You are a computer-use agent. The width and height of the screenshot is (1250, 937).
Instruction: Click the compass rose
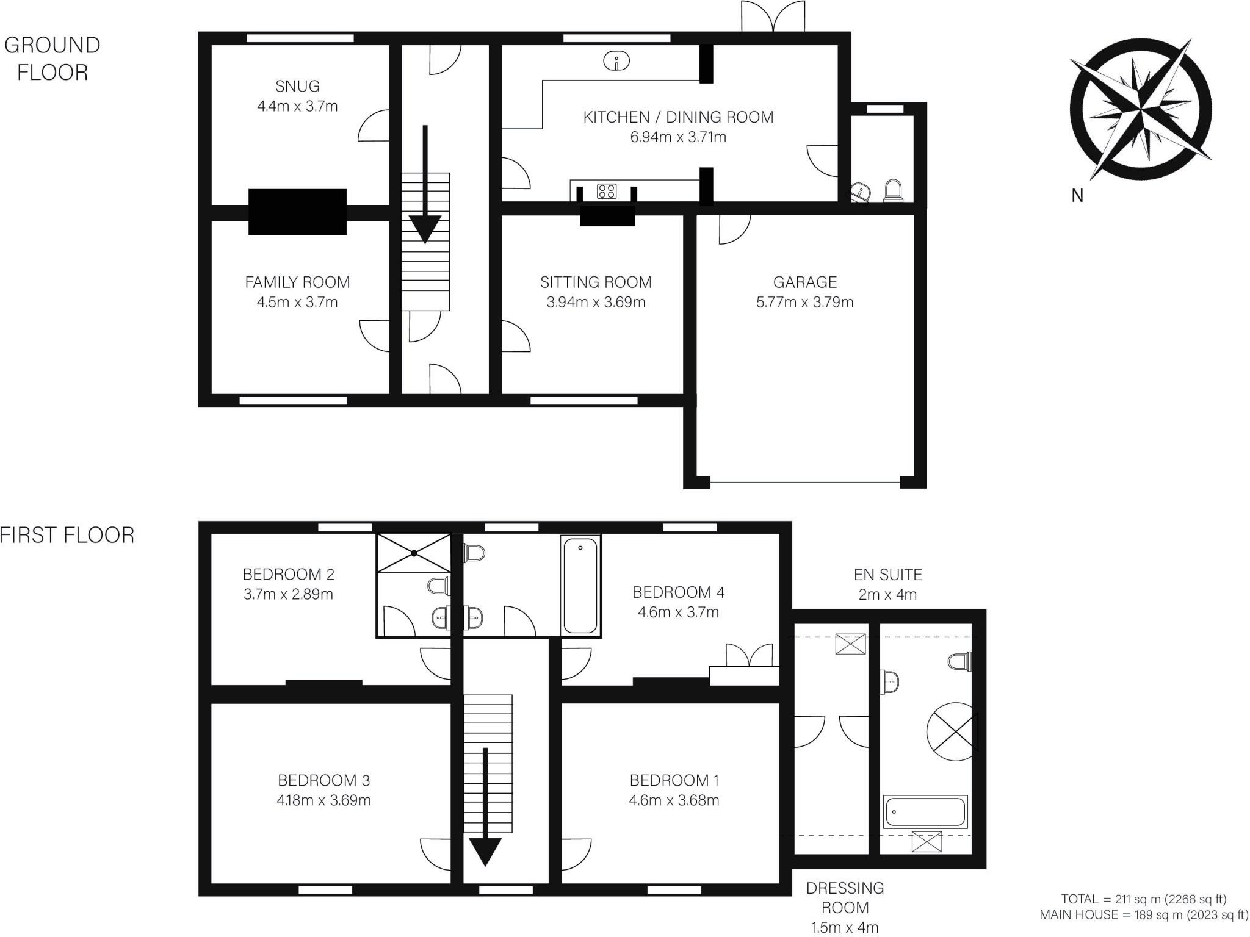(x=1140, y=110)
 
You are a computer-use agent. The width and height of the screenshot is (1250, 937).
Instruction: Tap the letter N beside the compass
(x=1077, y=196)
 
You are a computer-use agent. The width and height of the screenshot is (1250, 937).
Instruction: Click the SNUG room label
(x=297, y=86)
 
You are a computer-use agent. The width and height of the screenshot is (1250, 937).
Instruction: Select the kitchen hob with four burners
(x=607, y=191)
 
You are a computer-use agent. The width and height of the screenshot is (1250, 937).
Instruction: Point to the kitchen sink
(x=617, y=61)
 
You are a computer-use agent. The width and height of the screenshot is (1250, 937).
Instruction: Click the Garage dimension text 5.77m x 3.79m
(x=804, y=302)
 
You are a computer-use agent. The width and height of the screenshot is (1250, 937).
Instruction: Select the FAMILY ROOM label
(x=297, y=282)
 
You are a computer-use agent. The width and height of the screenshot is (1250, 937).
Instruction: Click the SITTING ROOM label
(x=596, y=282)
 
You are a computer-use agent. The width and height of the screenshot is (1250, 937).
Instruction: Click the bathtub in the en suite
(x=925, y=812)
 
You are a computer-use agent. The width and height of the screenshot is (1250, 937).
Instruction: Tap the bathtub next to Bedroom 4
(x=580, y=586)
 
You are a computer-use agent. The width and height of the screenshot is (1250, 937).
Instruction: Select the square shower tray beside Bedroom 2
(x=414, y=553)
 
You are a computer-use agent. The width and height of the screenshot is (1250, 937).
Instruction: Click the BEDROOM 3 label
(x=323, y=780)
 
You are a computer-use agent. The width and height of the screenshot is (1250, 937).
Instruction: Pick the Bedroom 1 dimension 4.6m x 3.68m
(x=674, y=800)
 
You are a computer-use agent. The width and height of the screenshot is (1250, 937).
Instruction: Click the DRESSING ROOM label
(x=845, y=897)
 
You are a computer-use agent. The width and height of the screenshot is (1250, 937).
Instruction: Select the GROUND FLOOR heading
(x=52, y=59)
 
